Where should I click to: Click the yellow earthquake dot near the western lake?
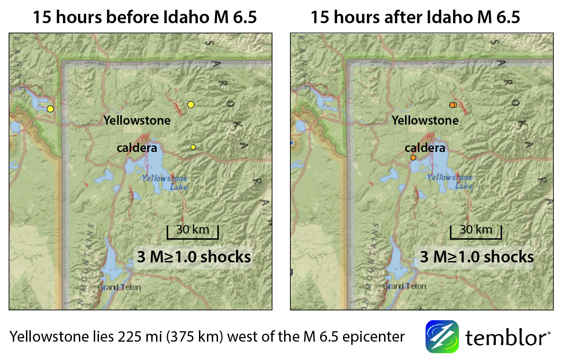51,109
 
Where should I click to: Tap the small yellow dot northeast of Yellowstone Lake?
193,147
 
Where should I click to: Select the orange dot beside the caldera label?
413,158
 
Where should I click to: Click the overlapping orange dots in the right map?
453,105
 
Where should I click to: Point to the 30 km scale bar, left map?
193,233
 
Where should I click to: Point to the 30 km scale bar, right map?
476,233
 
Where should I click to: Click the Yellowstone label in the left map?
137,120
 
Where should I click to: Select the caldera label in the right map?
425,148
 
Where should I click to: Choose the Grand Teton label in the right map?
405,286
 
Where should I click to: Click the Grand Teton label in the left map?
119,287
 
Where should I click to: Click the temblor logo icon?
442,336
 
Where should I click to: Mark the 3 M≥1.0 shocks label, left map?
194,257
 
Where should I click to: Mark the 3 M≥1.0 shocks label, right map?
477,257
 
